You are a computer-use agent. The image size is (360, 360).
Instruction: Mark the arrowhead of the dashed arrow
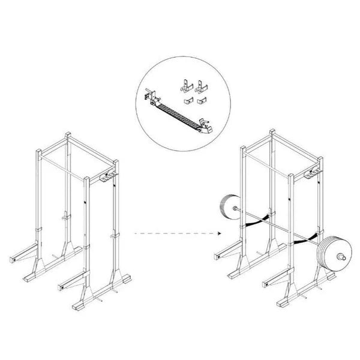coord(221,233)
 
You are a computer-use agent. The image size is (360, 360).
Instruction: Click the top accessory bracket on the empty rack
coord(109,178)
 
